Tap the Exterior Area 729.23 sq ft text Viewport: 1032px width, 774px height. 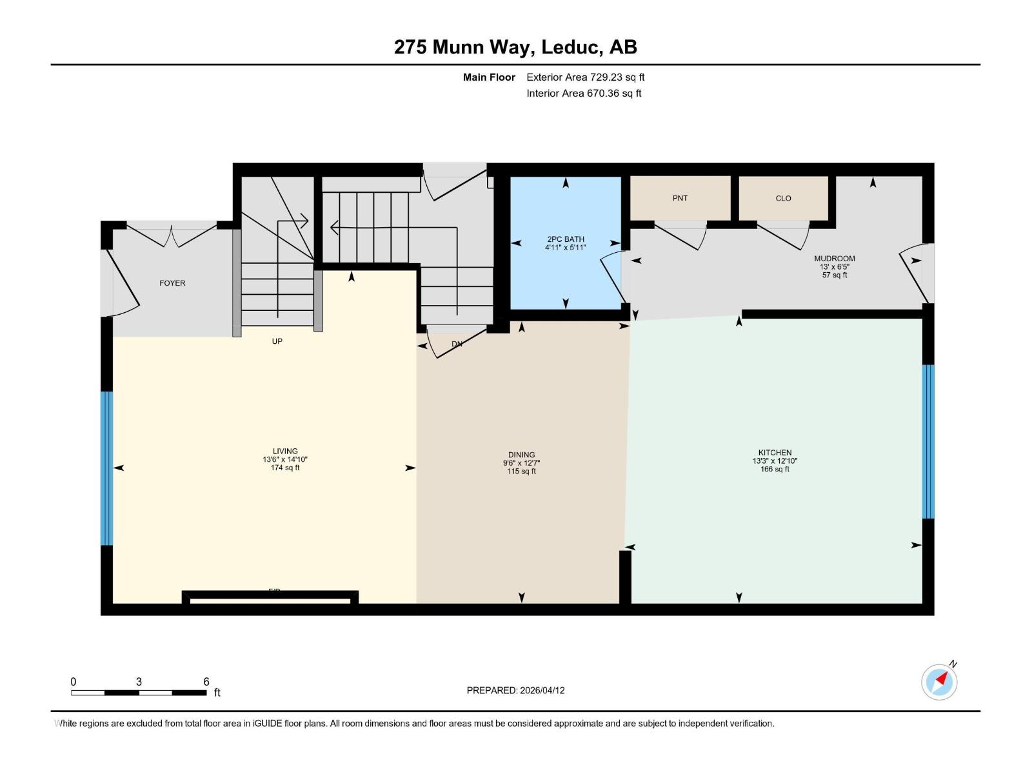click(585, 77)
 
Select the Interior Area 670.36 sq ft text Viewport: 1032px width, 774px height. click(584, 94)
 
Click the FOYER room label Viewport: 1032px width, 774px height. click(172, 283)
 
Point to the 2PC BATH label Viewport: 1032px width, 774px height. click(566, 239)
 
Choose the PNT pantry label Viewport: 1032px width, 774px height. click(680, 199)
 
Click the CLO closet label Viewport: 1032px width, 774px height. click(783, 199)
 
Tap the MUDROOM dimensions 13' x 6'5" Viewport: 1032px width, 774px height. click(834, 267)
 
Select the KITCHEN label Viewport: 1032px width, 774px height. click(775, 453)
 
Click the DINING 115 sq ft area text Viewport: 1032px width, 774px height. click(521, 471)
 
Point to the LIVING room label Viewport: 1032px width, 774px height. click(285, 451)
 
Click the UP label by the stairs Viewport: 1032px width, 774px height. click(277, 341)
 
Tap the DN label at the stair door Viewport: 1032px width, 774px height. click(457, 344)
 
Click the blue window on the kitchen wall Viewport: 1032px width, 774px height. click(928, 442)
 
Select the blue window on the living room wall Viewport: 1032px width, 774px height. click(106, 468)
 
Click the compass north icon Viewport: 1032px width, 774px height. click(940, 682)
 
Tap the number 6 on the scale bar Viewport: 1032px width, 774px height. click(206, 682)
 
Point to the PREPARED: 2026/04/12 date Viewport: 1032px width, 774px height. click(515, 690)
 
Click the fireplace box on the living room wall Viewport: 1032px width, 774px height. click(270, 598)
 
